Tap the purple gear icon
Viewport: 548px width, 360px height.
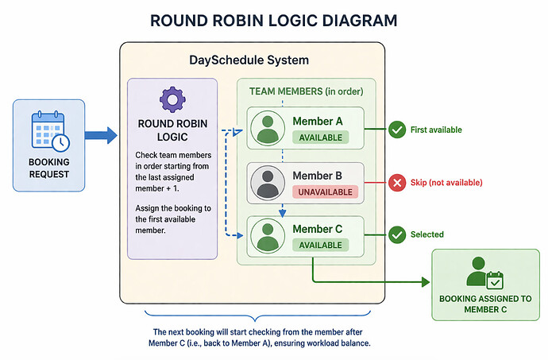tap(172, 99)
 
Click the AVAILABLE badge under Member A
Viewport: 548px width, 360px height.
tap(321, 137)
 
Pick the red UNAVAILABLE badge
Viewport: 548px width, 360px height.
tap(325, 192)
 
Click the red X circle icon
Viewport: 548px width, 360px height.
tap(396, 183)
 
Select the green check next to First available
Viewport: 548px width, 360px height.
tap(396, 129)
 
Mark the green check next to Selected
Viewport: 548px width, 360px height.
tap(396, 234)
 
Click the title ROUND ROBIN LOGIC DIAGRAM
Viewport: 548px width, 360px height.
tap(274, 21)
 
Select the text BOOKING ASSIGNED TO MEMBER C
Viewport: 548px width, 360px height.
tap(485, 304)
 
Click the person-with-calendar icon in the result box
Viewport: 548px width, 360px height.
tap(484, 272)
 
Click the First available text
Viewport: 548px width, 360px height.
tap(436, 129)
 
